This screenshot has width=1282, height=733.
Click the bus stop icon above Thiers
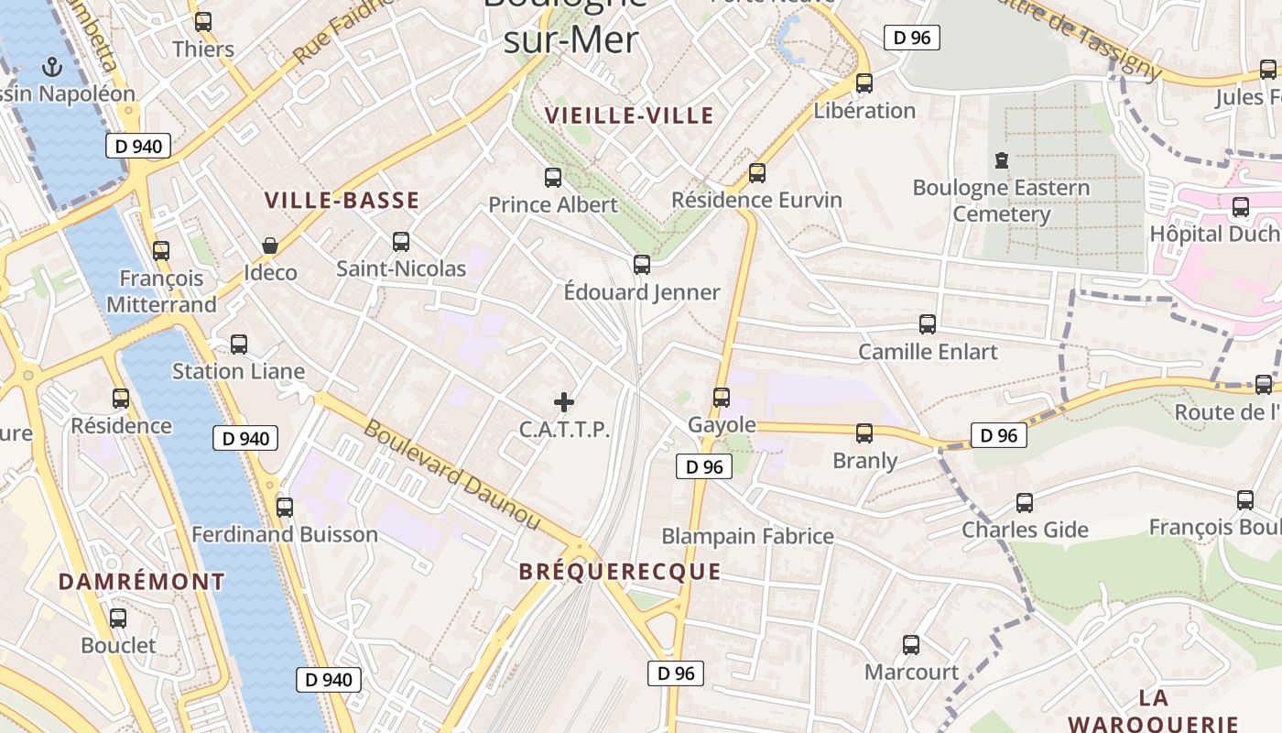(203, 22)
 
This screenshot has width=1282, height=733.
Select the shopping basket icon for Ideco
(270, 246)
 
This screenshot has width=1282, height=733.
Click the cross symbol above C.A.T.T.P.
(564, 401)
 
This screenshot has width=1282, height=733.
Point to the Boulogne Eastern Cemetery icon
(1002, 160)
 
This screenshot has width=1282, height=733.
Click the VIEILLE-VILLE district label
(629, 115)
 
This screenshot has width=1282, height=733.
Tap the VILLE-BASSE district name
(342, 201)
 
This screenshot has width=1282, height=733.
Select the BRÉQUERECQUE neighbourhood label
(620, 572)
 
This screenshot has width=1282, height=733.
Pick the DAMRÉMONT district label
(142, 582)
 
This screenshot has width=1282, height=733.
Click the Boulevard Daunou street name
(452, 474)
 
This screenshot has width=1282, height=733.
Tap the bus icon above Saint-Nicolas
(401, 242)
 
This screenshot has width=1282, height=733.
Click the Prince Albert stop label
(553, 204)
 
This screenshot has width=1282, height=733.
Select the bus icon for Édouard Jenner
(642, 265)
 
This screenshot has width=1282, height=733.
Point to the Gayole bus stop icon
(722, 398)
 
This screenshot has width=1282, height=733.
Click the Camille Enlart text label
(928, 352)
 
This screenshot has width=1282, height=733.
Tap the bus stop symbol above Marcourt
(911, 645)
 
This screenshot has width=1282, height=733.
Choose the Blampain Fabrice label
(747, 536)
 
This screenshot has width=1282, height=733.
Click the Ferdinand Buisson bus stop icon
(285, 508)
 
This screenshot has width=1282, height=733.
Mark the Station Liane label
(238, 371)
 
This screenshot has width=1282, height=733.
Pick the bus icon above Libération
(864, 83)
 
